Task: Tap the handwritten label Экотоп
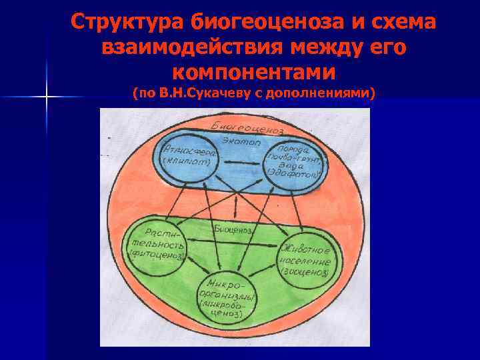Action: point(243,141)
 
